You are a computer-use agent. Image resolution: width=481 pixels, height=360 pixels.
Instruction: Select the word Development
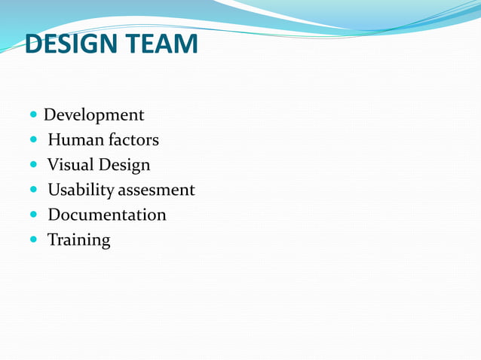pos(93,115)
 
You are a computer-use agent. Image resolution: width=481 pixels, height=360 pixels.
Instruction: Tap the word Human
pos(71,140)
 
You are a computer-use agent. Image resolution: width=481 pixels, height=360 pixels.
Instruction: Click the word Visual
pos(70,165)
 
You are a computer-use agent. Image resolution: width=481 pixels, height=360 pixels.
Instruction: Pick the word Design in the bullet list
pos(125,165)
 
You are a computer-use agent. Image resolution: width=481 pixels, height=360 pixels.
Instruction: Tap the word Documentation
pos(107,215)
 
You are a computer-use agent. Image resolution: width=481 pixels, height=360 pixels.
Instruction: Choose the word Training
pos(78,240)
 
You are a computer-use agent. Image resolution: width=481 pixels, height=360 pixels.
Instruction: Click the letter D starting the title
pos(34,44)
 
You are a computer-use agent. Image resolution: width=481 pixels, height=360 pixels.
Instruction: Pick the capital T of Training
pos(53,239)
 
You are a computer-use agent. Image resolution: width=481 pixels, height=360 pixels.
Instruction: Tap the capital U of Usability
pos(54,190)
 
